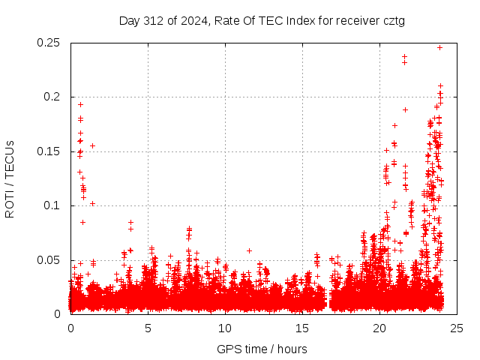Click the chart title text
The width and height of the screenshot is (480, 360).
pos(262,20)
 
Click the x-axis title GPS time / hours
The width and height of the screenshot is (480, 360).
pos(262,349)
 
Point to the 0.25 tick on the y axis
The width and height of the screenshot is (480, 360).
pos(49,43)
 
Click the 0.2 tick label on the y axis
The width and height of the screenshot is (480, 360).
pos(52,97)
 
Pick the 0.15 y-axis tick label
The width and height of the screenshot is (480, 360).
pos(49,151)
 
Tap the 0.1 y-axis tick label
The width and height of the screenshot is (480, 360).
pos(52,205)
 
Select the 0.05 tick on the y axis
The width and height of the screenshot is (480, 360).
pos(49,260)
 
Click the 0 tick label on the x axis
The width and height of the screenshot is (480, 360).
pos(70,328)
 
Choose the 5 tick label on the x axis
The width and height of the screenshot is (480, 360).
pos(148,328)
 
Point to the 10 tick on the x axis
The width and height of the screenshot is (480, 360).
pos(225,328)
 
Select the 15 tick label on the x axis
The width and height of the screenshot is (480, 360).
pos(302,328)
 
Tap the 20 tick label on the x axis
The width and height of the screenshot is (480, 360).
pos(379,328)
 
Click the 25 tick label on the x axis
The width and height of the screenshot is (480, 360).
pos(457,328)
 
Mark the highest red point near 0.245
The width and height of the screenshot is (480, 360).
pos(439,47)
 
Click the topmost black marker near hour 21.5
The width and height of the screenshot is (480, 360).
pos(404,56)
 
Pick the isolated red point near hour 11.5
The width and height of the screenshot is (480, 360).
pos(249,250)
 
